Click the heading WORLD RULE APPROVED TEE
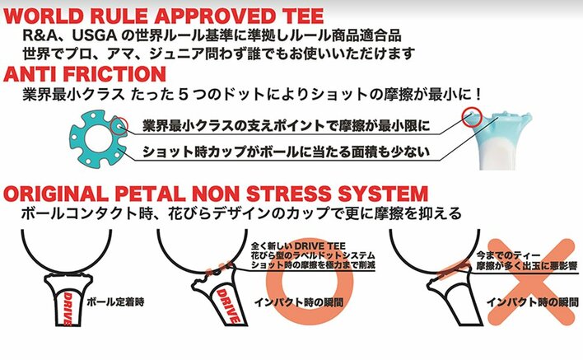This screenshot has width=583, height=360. click(x=161, y=16)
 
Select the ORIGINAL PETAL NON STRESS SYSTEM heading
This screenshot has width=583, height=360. click(x=216, y=194)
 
